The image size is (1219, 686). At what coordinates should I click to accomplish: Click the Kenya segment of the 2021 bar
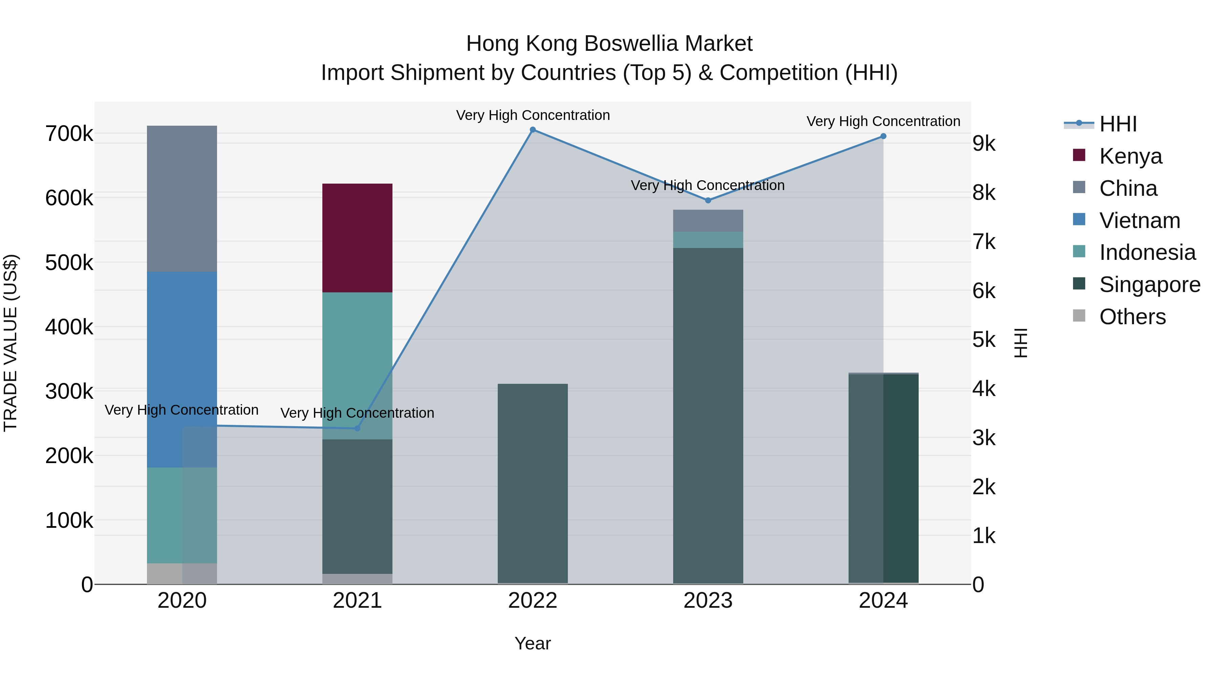pos(357,238)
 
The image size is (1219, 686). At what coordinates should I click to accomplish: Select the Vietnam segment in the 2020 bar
pos(182,369)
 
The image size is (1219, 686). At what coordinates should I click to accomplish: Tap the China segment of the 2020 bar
pos(182,199)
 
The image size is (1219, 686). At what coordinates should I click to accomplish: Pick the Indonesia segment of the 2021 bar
pos(357,366)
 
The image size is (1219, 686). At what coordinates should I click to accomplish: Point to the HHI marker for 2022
pos(533,130)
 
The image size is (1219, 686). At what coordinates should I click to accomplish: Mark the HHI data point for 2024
pos(883,136)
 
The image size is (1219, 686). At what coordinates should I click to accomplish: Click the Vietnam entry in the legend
pos(1139,221)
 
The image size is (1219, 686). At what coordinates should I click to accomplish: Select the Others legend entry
pos(1132,317)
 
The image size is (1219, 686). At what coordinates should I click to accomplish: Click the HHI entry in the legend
pos(1118,124)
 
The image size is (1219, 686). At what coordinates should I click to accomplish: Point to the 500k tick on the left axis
pos(69,263)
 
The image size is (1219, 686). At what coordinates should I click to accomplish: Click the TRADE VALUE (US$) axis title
pos(10,343)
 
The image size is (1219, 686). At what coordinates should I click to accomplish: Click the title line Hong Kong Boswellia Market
pos(609,44)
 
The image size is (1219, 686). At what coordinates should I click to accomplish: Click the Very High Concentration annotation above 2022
pos(533,115)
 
